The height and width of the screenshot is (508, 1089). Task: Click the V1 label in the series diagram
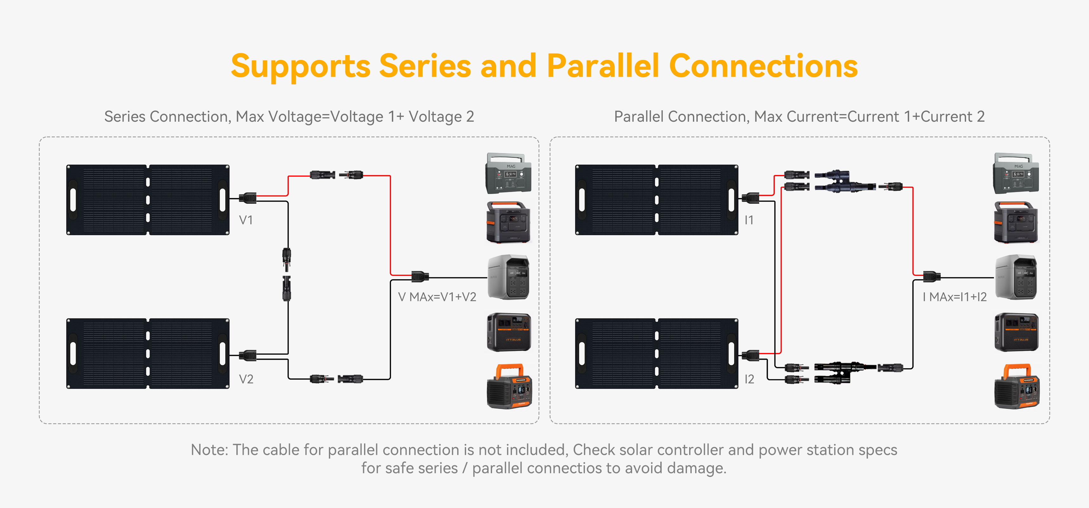[246, 220]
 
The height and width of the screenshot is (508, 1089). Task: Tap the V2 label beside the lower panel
[246, 379]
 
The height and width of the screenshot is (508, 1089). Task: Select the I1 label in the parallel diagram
[749, 220]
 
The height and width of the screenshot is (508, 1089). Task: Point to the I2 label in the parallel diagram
[749, 379]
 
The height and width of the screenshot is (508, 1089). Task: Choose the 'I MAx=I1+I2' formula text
[955, 297]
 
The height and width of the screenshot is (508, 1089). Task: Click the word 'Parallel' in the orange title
[602, 67]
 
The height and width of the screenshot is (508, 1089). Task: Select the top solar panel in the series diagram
[148, 200]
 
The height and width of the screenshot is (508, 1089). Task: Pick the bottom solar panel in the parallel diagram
[657, 354]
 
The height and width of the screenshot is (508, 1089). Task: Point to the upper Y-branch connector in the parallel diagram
[843, 181]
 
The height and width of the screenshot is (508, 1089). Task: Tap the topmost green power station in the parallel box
[1015, 173]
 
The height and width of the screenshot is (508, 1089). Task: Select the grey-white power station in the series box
[509, 277]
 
